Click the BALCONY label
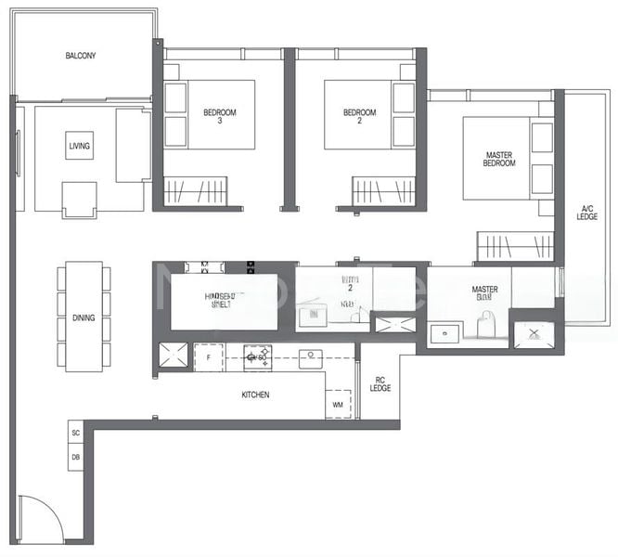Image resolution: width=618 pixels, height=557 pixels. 81,56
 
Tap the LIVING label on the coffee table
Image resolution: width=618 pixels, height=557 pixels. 80,146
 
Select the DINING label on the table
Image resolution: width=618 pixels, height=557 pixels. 83,318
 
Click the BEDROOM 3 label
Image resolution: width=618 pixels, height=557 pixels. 220,117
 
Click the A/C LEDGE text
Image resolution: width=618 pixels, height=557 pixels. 586,212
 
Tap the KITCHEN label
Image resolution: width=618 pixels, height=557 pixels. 255,395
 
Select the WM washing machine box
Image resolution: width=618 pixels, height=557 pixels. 337,404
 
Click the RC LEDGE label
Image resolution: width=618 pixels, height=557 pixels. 380,383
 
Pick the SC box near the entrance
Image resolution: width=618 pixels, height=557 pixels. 76,434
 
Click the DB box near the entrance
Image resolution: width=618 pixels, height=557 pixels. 76,457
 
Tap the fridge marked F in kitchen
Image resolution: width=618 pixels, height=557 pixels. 209,357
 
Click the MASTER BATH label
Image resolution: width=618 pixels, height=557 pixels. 484,294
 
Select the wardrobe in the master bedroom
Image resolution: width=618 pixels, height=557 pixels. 514,246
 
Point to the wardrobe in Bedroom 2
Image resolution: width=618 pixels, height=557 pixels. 383,192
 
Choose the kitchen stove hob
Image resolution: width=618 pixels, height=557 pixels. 257,356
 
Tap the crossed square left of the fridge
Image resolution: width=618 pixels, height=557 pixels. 174,356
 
